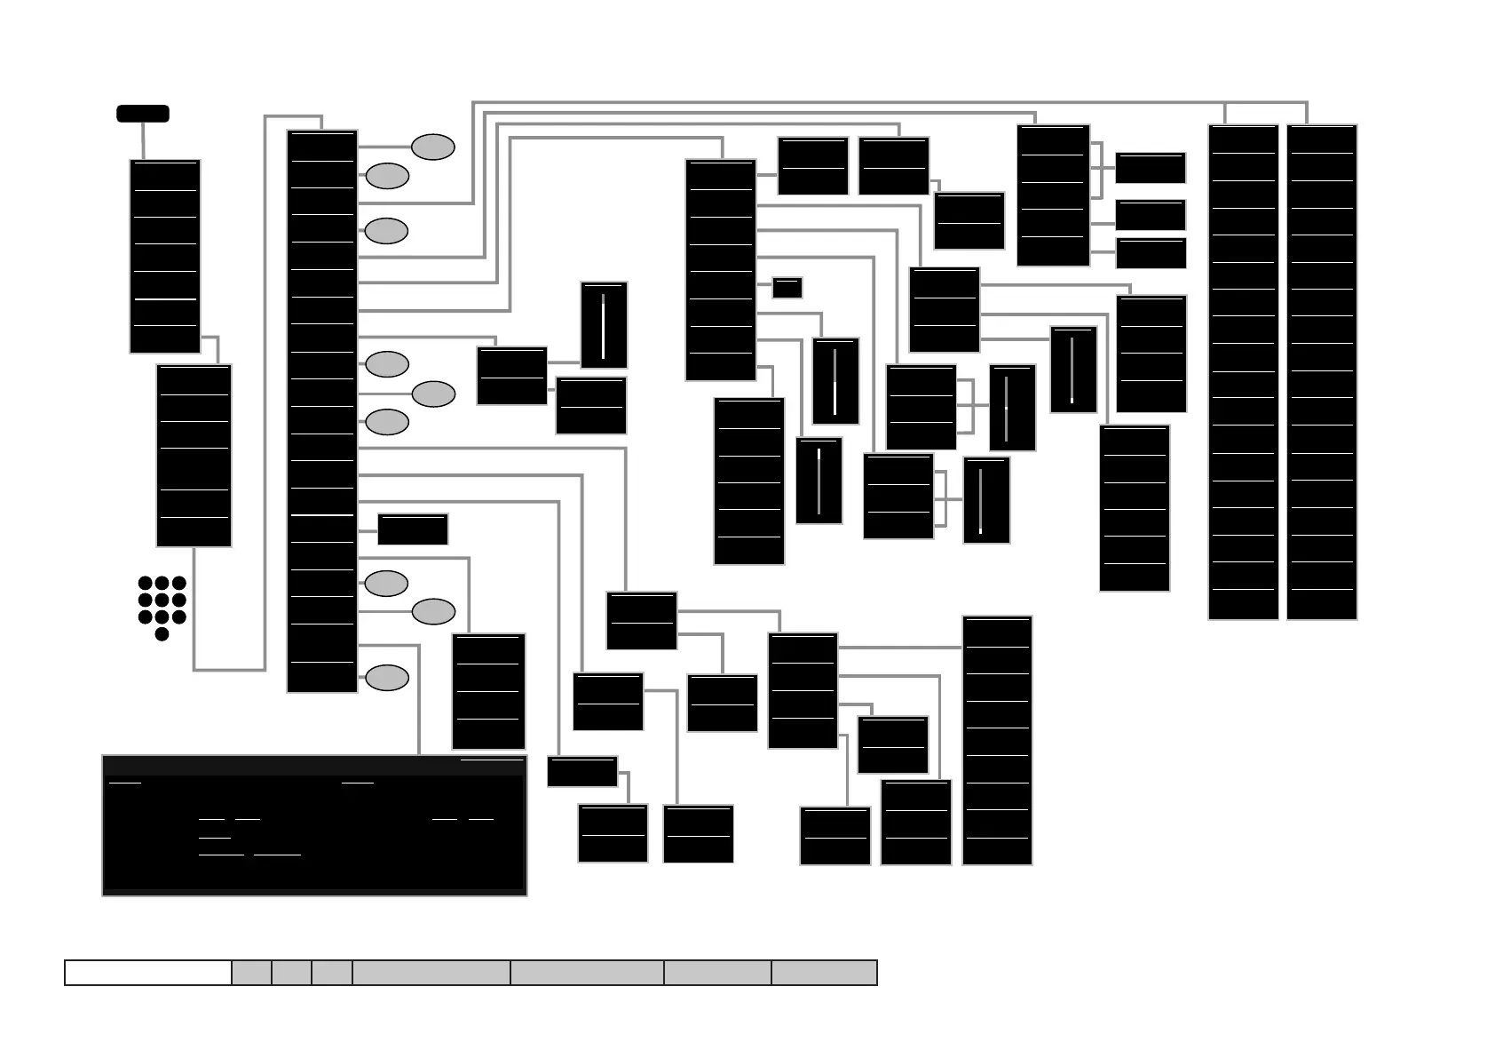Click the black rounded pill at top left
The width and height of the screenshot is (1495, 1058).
pos(143,114)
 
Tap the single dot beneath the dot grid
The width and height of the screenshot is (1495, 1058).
pos(162,634)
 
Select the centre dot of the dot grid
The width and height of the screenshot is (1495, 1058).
pos(162,601)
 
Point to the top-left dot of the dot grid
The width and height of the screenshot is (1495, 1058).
pos(145,584)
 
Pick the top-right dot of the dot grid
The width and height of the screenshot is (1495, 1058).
pos(179,584)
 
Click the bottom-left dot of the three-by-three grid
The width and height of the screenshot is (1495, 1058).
pos(145,617)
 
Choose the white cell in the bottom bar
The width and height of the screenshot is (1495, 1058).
pos(148,973)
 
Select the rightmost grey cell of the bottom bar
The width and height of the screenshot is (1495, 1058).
pos(824,973)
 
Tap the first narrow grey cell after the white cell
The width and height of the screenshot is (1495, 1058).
pos(252,973)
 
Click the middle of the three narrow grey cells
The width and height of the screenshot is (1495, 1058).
pos(292,973)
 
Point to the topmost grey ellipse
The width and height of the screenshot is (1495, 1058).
pos(433,147)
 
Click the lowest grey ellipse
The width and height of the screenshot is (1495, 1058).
pos(387,677)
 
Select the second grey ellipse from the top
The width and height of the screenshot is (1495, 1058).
pos(387,176)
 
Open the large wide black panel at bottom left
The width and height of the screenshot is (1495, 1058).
pos(314,825)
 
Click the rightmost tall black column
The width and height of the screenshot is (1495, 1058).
pos(1322,371)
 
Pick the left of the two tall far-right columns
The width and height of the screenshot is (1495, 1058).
pos(1243,371)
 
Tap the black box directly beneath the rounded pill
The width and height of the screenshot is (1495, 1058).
pos(165,257)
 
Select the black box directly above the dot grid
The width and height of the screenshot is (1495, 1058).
pos(194,456)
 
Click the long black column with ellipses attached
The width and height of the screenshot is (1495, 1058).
pos(322,411)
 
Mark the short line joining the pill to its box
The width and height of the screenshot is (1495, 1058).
pos(143,140)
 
